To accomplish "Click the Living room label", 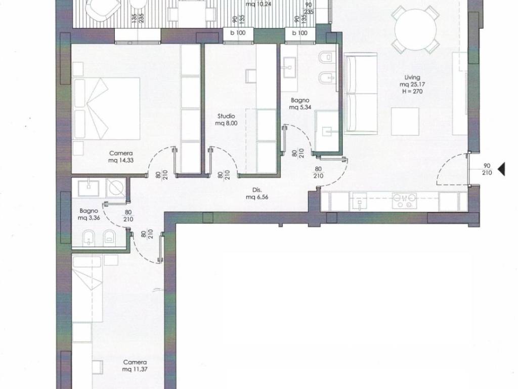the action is (412, 77).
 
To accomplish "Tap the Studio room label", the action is (226, 116).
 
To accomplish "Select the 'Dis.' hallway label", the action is (257, 190).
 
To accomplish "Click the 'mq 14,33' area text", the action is (121, 161).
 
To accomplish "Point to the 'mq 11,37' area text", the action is (135, 369).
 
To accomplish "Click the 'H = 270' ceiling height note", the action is (412, 92).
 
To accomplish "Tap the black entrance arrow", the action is (501, 169).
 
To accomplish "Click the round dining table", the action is (415, 29).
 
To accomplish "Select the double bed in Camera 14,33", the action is (106, 108).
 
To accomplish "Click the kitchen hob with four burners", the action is (404, 201).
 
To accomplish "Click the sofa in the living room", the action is (360, 93).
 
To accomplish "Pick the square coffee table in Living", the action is (405, 122).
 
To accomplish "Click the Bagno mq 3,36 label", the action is (89, 214).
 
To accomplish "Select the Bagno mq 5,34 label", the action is (300, 103).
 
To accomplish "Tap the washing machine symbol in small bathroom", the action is (116, 188).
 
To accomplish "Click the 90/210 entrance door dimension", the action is (487, 169).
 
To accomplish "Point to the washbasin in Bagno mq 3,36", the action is (89, 187).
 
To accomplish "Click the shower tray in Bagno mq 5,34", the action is (327, 131).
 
